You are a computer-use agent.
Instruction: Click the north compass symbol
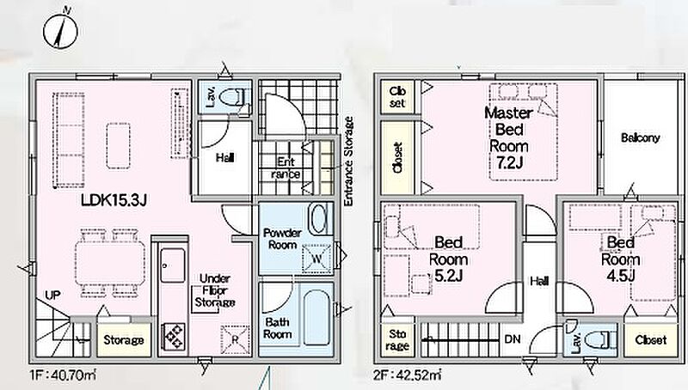pos(60,30)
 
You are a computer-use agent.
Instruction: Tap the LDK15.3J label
pos(114,200)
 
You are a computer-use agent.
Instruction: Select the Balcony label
pos(640,138)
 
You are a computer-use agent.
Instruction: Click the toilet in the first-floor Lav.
pos(233,97)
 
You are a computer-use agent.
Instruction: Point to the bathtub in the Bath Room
pos(318,317)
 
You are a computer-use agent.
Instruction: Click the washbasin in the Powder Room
pos(318,219)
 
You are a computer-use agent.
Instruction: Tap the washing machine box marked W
pos(316,259)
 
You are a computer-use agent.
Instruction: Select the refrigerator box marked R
pos(235,339)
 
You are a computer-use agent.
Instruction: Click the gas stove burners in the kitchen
pos(174,336)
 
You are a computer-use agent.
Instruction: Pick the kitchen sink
pos(173,265)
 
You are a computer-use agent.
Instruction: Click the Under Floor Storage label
pos(214,290)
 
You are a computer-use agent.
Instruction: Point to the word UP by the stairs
pos(52,295)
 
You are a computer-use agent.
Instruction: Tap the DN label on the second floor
pos(513,338)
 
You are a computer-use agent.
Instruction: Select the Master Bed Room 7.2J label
pos(508,137)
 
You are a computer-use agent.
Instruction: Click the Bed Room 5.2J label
pos(448,259)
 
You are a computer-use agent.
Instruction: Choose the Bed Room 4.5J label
pos(620,259)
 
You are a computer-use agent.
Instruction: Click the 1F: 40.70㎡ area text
pos(63,375)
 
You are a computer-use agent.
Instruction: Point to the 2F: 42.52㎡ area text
pos(407,375)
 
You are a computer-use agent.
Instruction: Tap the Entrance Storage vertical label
pos(348,161)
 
